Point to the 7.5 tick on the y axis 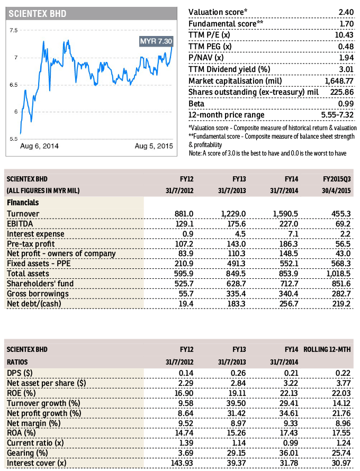[13, 30]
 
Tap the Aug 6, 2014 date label [39, 146]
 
